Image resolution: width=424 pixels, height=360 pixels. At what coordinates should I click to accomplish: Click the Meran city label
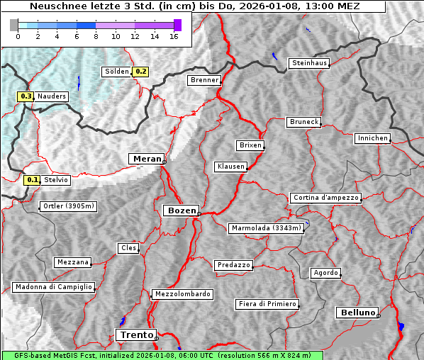click(x=146, y=159)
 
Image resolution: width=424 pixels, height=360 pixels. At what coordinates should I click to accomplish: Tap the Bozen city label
click(x=180, y=210)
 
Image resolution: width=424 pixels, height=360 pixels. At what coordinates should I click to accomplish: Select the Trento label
click(x=135, y=334)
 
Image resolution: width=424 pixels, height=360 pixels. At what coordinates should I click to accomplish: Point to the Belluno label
click(x=357, y=312)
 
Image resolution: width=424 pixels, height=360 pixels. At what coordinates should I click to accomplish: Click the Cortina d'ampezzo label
click(x=325, y=198)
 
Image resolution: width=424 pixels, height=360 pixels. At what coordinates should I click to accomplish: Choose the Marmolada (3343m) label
click(x=267, y=228)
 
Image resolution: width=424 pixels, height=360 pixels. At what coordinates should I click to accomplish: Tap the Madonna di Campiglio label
click(x=53, y=287)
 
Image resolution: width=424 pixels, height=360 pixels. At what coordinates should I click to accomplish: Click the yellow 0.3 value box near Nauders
click(x=26, y=96)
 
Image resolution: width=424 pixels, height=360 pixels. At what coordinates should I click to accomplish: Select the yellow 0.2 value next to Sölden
click(x=141, y=72)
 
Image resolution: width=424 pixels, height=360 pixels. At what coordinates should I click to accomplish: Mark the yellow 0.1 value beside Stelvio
click(x=32, y=180)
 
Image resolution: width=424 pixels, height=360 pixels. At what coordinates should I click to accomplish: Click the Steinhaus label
click(x=310, y=64)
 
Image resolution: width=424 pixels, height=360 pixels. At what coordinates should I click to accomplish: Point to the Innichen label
click(x=372, y=138)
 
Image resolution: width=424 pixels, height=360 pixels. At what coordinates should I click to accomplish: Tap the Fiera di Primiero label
click(x=267, y=304)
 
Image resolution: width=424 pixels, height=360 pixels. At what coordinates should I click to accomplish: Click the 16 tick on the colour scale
click(x=174, y=35)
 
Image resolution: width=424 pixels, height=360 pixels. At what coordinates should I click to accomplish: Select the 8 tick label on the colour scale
click(x=96, y=35)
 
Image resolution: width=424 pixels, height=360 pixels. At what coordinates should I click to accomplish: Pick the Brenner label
click(x=204, y=80)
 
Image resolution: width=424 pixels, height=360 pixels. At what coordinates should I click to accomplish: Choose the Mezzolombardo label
click(x=182, y=294)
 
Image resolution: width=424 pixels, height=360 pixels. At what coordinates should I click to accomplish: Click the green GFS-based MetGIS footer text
click(x=162, y=355)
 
